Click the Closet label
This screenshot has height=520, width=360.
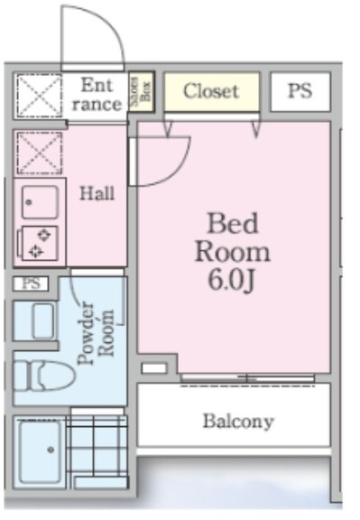point(211,91)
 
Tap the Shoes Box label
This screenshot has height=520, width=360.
point(141,91)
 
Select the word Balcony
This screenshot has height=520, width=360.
point(238,422)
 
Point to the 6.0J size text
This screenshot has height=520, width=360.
point(231,281)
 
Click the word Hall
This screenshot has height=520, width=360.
point(97,193)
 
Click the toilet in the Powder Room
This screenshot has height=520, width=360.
point(43,376)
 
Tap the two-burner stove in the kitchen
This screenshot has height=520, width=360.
point(40,244)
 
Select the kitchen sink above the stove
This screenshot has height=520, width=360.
point(40,202)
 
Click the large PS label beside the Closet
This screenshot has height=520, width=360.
point(300,90)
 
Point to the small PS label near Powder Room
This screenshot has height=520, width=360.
point(31,283)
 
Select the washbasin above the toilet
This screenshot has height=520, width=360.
point(43,320)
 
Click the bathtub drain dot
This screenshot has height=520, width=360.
point(51,450)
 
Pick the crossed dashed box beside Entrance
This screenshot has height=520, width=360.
point(39,96)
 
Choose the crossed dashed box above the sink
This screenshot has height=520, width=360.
point(40,153)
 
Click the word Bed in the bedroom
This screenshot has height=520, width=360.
point(233,223)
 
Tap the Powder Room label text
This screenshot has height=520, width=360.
point(97,333)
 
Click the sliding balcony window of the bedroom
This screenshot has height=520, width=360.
point(247,377)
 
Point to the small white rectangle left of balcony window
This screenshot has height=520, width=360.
point(153,368)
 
